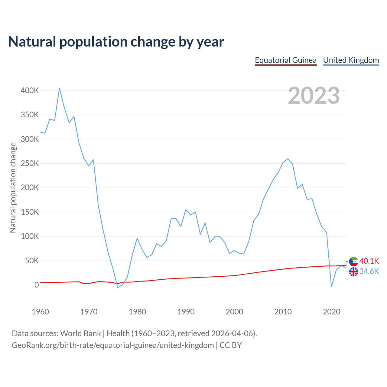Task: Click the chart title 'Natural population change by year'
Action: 116,42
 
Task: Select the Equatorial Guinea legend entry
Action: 286,60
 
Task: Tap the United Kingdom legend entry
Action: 351,60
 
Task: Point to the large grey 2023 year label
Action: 314,96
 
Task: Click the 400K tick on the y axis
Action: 30,90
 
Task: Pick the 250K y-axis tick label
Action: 30,163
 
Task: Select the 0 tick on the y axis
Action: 37,285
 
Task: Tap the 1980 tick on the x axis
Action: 137,312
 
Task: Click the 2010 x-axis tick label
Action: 283,312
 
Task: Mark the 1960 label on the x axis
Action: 40,312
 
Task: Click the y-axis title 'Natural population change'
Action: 13,187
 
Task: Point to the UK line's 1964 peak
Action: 60,88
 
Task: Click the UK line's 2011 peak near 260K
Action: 288,159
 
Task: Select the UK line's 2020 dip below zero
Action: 331,287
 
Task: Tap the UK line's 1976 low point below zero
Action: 118,287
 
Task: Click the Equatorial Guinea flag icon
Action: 353,261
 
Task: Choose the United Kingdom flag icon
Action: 353,272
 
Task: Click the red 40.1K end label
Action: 369,261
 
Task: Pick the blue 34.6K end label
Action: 369,271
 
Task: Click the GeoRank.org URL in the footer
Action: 113,345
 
